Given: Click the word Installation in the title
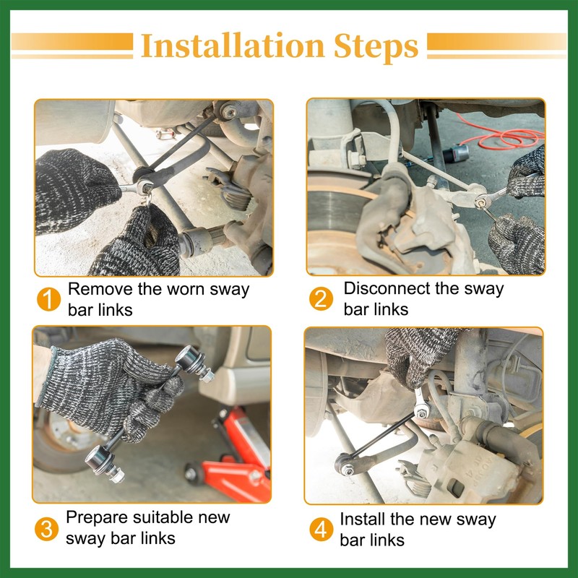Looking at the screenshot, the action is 233,46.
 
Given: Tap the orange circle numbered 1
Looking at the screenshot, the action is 48,299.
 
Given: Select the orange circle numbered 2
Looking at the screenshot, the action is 321,298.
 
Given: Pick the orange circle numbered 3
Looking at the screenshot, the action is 46,529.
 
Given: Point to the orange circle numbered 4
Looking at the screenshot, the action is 321,530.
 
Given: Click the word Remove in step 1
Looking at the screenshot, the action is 100,289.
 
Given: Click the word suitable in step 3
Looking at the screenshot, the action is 163,517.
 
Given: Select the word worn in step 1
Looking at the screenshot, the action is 184,290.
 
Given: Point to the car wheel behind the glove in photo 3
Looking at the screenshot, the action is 59,439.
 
